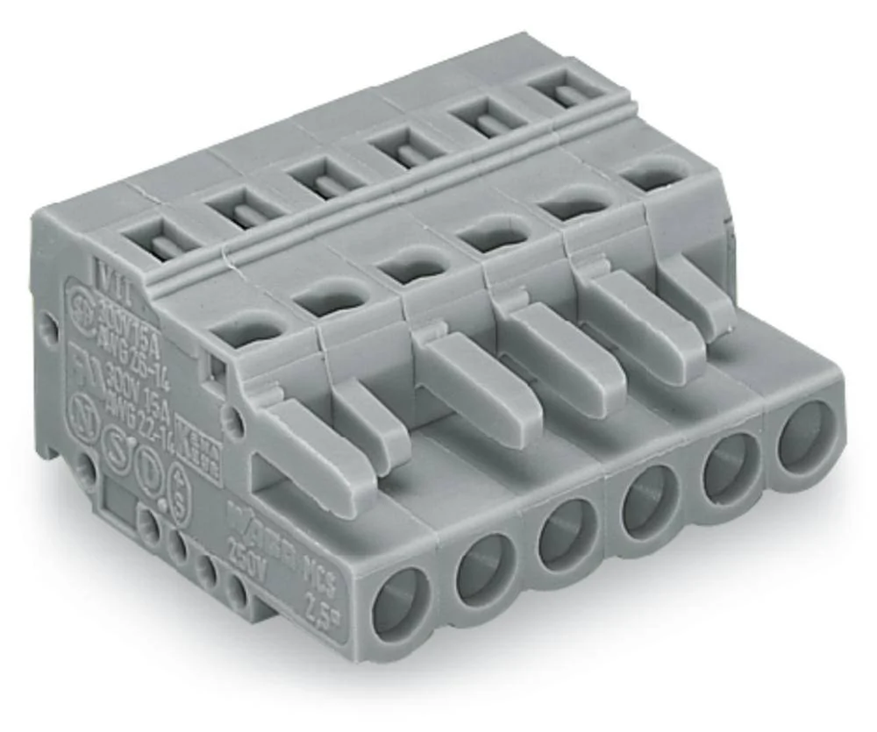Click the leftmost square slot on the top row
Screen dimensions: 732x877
click(x=155, y=240)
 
